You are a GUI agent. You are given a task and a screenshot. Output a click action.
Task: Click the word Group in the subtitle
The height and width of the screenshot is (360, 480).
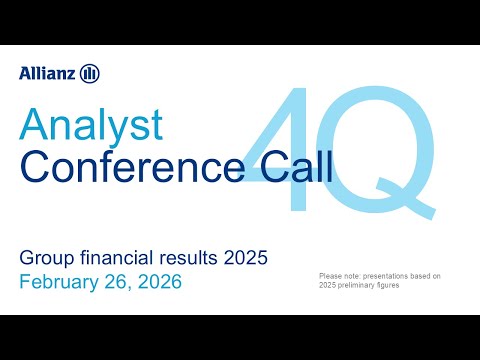(x=45, y=259)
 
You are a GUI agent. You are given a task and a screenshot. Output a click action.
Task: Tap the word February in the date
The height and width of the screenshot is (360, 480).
(x=57, y=282)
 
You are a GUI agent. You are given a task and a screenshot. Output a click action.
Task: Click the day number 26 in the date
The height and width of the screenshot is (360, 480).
(x=114, y=282)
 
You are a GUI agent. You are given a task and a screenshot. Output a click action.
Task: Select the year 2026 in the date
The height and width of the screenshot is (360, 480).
(x=156, y=282)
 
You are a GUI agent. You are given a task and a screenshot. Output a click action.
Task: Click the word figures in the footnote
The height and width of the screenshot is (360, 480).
(x=406, y=285)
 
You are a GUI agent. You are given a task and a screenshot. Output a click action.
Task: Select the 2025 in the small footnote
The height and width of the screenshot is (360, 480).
(x=328, y=285)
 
